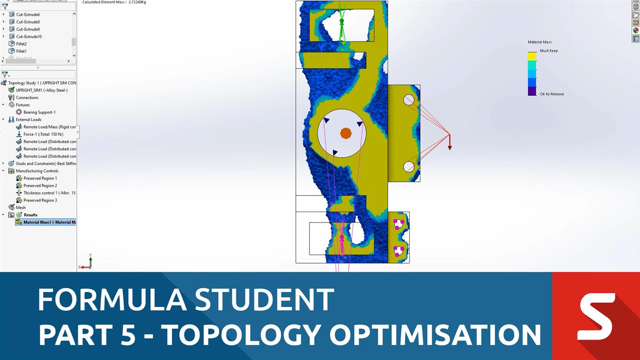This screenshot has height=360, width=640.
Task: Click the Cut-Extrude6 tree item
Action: coord(27,15)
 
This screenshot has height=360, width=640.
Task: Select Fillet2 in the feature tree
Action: coord(21,44)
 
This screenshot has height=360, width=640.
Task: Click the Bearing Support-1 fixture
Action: coord(39,112)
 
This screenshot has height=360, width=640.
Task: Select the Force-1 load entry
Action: coord(43,134)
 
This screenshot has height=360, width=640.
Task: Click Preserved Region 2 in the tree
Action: coord(40,185)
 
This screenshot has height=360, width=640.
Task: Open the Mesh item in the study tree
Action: coord(21,207)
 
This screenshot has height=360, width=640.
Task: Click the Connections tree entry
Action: coord(27,98)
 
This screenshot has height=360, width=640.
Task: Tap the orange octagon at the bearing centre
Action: coord(346,133)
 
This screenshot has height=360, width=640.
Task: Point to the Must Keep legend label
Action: coord(549,51)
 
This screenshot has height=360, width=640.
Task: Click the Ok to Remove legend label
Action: coord(552,94)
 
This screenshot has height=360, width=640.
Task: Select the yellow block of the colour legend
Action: coord(532,56)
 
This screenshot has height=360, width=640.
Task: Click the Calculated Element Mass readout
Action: coord(114,2)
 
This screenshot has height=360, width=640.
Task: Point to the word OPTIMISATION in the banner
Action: coord(435,334)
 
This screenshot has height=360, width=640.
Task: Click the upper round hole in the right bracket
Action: coord(409,100)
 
